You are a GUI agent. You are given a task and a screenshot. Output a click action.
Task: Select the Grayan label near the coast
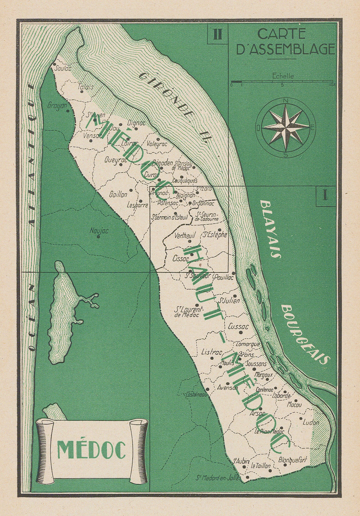57,105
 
